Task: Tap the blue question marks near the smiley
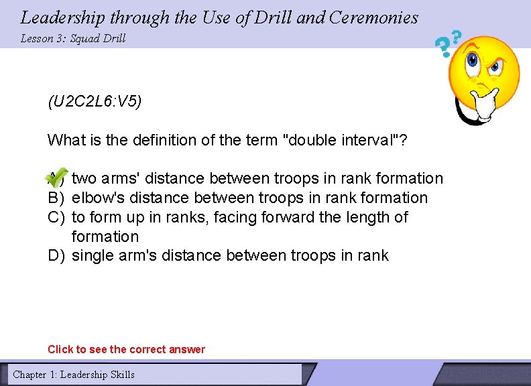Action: tap(448, 44)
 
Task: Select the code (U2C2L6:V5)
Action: tap(95, 103)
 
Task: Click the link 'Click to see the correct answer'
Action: tap(126, 349)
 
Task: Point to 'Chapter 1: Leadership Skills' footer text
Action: tap(74, 375)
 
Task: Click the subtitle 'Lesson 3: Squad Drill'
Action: tap(73, 38)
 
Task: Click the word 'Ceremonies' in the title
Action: tap(375, 17)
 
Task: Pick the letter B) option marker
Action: tap(56, 198)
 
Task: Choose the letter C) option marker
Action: tap(56, 217)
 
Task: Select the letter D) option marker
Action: tap(56, 255)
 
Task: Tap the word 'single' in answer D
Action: tap(94, 255)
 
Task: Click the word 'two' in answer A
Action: tap(84, 178)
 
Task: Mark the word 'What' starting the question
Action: tap(64, 140)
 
